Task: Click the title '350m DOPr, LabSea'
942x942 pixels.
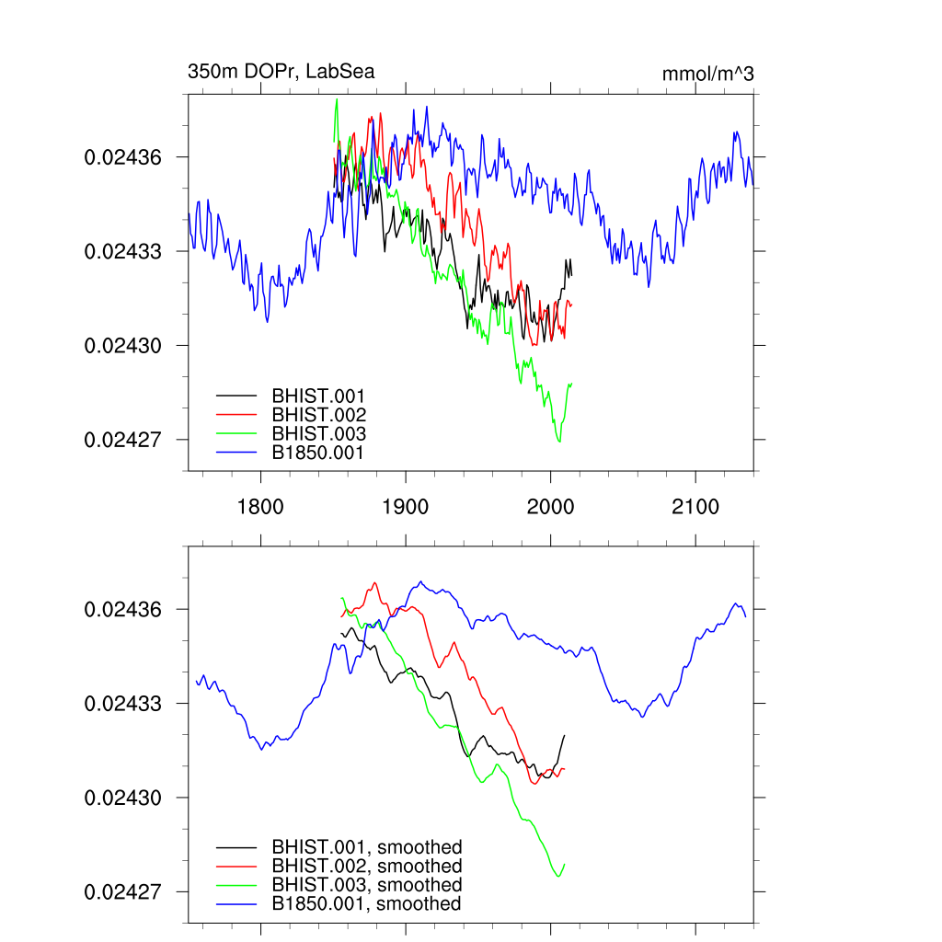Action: click(281, 72)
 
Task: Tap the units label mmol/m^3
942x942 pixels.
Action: click(707, 75)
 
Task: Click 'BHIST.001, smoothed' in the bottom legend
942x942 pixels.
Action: click(366, 847)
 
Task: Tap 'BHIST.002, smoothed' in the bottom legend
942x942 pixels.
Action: click(366, 866)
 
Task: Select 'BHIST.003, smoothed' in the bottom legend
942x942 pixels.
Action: click(366, 885)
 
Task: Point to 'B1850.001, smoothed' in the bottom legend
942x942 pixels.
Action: click(366, 903)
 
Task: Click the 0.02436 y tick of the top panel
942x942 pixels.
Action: click(123, 157)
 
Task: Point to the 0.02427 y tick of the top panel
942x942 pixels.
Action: click(123, 440)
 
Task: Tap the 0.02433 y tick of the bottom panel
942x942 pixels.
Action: click(123, 704)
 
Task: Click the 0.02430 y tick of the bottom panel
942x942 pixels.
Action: click(123, 798)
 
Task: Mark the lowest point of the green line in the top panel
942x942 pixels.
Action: click(558, 442)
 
